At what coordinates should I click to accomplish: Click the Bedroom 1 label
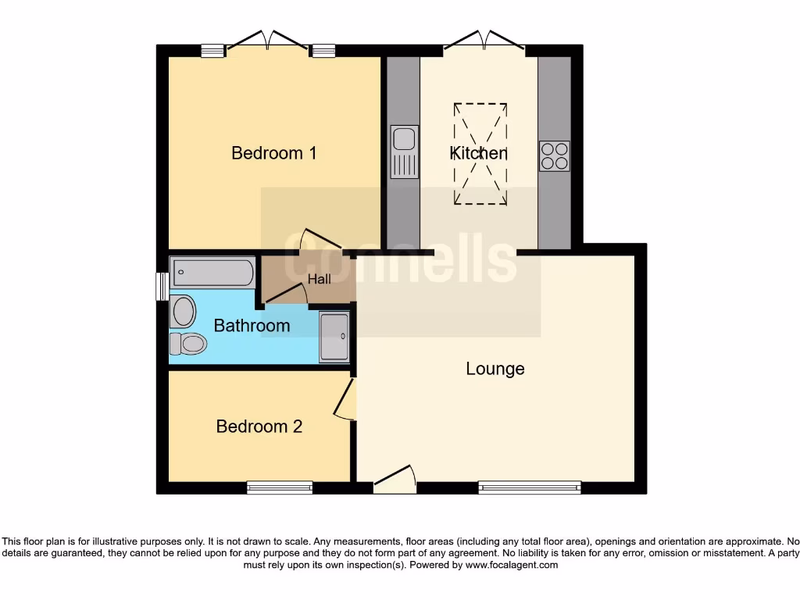(x=273, y=152)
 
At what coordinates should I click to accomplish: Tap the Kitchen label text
(x=479, y=153)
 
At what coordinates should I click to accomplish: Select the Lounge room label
(x=495, y=368)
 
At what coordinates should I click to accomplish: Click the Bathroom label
(x=252, y=325)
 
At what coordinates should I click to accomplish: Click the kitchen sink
(x=404, y=152)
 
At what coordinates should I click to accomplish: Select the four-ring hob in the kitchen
(x=554, y=155)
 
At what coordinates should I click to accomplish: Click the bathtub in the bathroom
(x=212, y=273)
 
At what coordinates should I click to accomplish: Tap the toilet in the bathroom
(x=188, y=343)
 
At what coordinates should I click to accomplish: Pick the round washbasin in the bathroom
(x=183, y=311)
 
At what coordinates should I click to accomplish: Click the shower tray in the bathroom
(x=334, y=337)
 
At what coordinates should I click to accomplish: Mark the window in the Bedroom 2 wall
(x=280, y=487)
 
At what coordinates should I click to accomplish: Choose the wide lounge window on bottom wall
(x=530, y=487)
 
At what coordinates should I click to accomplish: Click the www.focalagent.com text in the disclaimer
(x=511, y=565)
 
